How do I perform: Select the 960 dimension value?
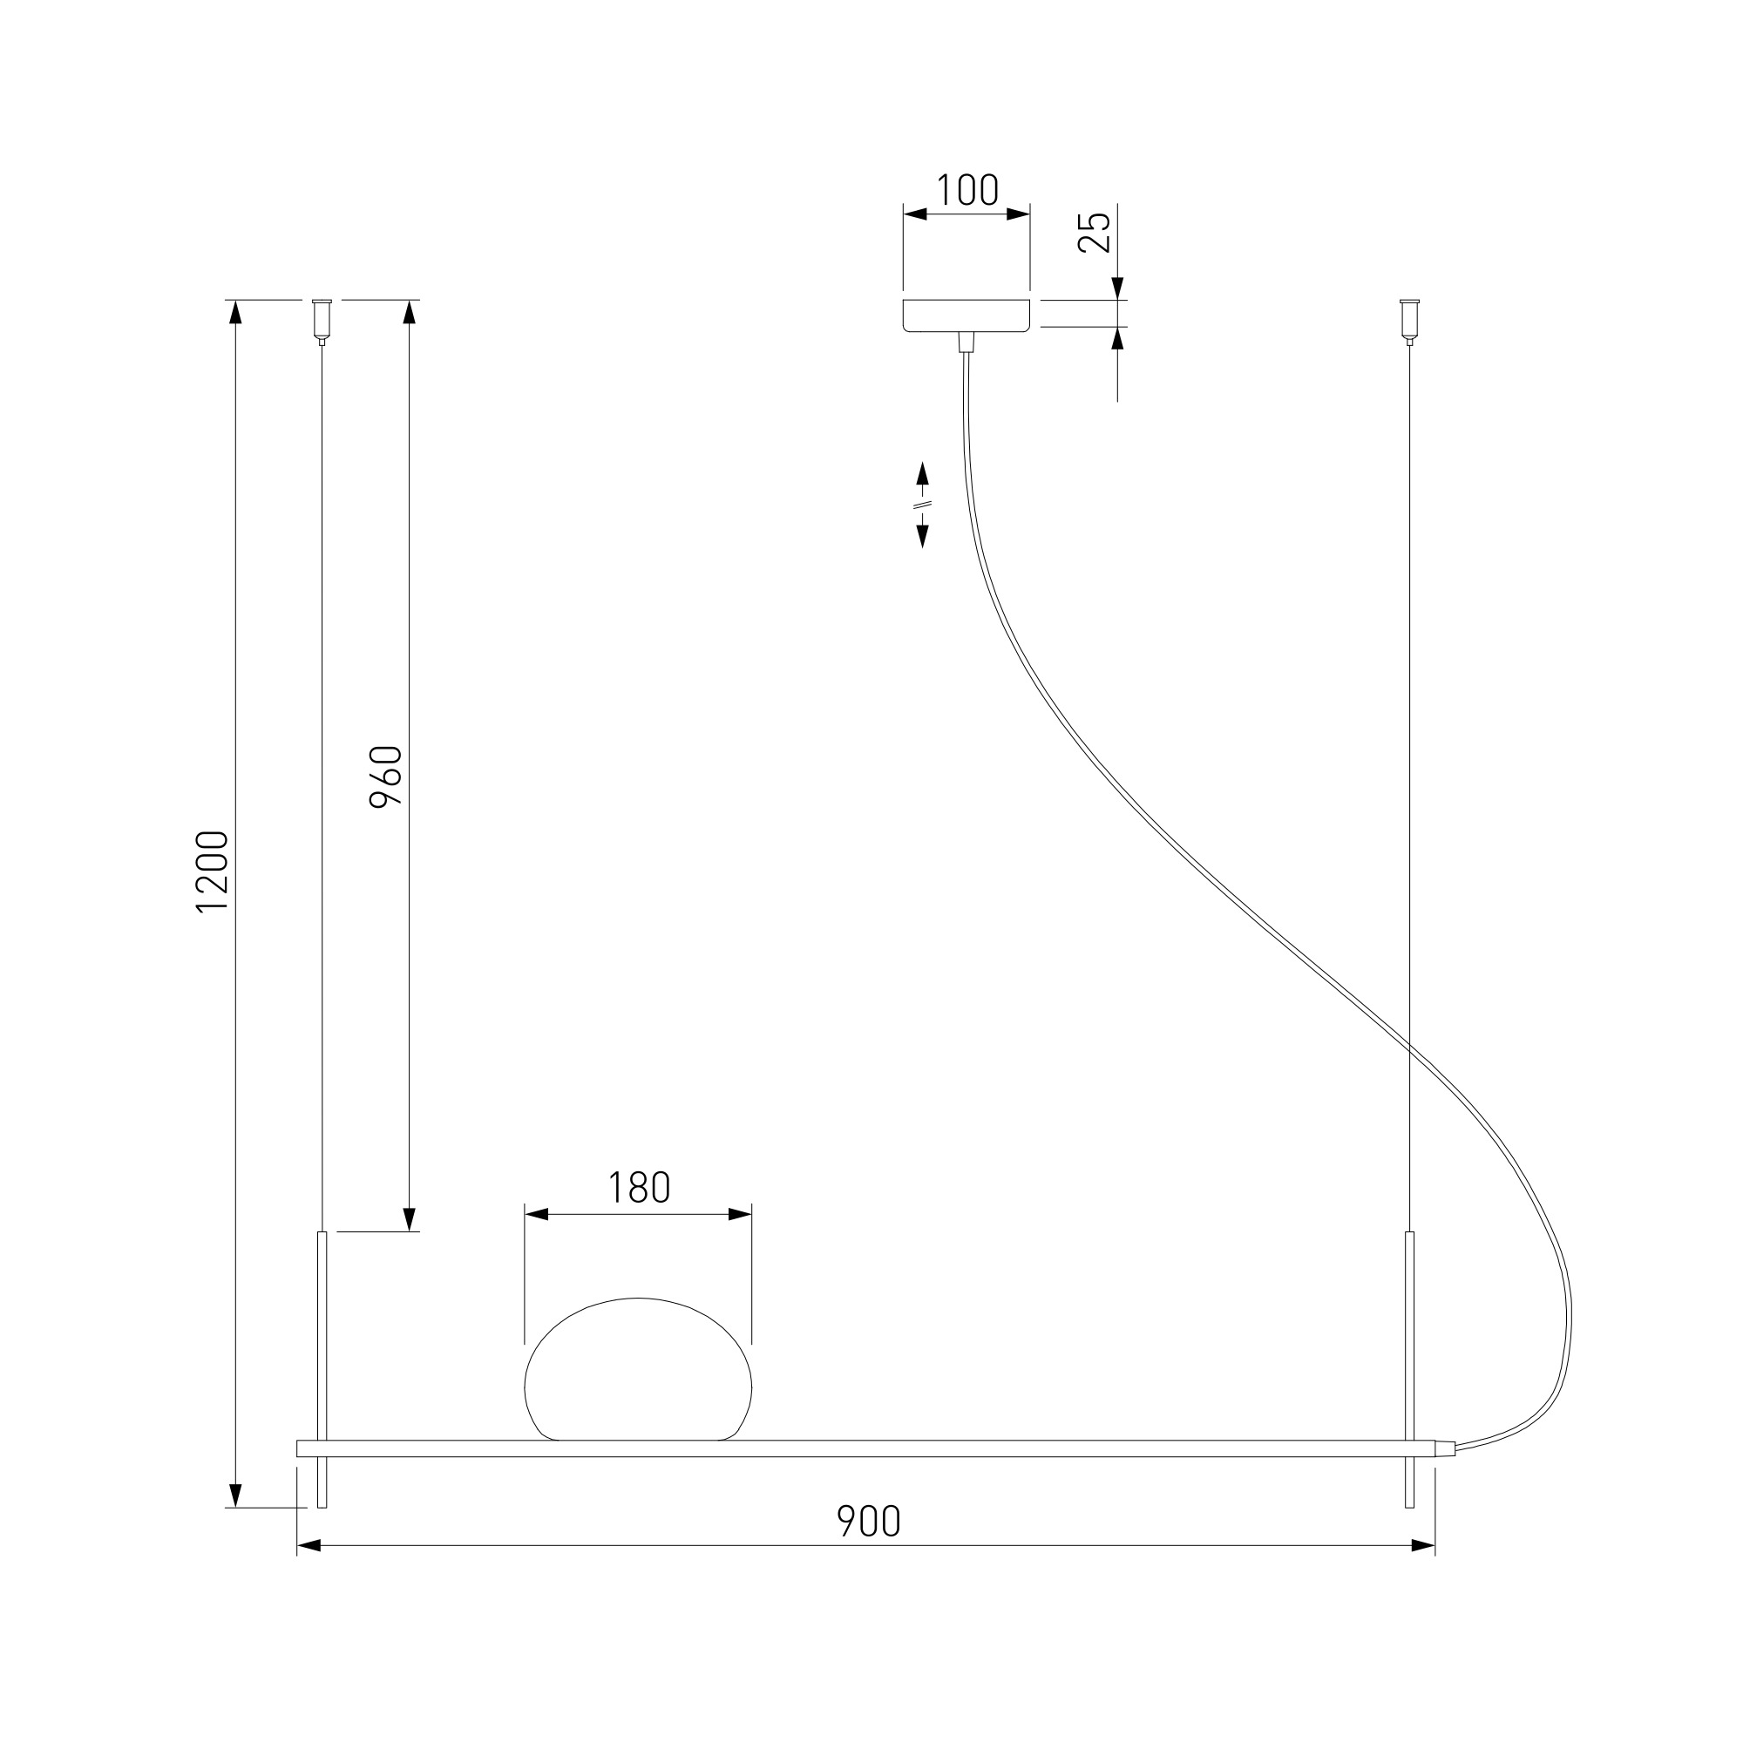386,777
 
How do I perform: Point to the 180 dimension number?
639,1188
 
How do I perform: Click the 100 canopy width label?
967,190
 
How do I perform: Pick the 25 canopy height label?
1095,232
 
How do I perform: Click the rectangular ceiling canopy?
966,315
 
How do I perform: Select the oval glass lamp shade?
638,1368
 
